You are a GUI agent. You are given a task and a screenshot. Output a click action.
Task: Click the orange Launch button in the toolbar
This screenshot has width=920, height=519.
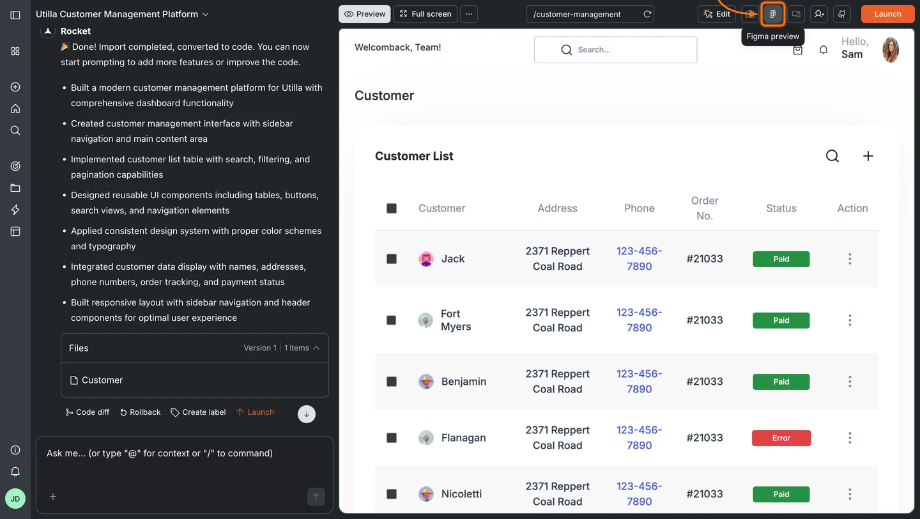pyautogui.click(x=887, y=14)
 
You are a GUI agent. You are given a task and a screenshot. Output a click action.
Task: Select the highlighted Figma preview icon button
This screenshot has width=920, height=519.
pyautogui.click(x=773, y=14)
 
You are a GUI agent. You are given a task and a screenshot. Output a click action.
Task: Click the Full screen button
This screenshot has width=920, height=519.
pyautogui.click(x=425, y=14)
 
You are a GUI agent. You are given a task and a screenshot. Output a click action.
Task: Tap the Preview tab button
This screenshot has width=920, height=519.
pyautogui.click(x=365, y=14)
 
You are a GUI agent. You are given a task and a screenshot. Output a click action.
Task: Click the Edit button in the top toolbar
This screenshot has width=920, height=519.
pyautogui.click(x=717, y=14)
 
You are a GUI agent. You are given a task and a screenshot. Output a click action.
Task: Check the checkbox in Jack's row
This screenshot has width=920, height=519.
pyautogui.click(x=392, y=259)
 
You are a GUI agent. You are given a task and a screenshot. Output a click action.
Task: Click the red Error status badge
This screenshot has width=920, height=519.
pyautogui.click(x=781, y=438)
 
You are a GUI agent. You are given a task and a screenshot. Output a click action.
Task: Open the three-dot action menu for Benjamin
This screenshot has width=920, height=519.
pyautogui.click(x=850, y=382)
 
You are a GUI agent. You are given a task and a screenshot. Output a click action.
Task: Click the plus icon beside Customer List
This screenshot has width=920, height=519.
pyautogui.click(x=868, y=156)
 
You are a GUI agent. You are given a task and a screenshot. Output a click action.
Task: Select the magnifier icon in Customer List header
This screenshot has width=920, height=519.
pyautogui.click(x=832, y=156)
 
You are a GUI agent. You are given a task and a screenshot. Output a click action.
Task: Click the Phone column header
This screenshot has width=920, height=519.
pyautogui.click(x=639, y=208)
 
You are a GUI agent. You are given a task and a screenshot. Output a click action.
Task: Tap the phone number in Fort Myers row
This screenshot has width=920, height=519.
pyautogui.click(x=639, y=320)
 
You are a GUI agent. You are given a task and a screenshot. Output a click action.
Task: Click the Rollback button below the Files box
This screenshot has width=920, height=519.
pyautogui.click(x=140, y=412)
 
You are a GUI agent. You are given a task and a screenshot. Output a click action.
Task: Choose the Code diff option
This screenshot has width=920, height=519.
pyautogui.click(x=88, y=412)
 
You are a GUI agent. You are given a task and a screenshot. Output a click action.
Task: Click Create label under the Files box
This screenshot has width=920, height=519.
pyautogui.click(x=198, y=412)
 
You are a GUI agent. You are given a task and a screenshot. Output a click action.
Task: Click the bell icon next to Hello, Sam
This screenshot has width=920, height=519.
pyautogui.click(x=824, y=50)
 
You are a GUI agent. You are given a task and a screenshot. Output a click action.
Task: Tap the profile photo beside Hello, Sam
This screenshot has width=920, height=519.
pyautogui.click(x=891, y=50)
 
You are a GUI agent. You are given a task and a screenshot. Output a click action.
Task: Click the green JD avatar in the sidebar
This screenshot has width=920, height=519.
pyautogui.click(x=15, y=499)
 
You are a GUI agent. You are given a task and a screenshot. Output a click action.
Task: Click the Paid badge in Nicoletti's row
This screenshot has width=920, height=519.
pyautogui.click(x=781, y=494)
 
